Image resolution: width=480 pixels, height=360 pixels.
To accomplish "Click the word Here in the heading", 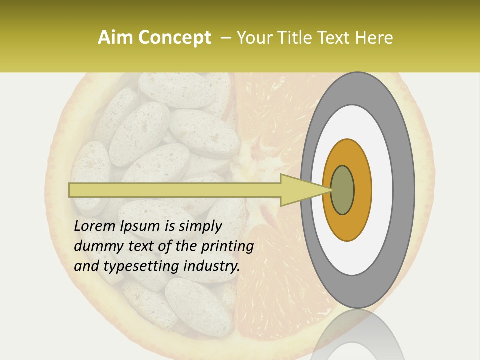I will [375, 38].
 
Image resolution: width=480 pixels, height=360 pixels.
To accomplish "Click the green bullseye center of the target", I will [343, 190].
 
